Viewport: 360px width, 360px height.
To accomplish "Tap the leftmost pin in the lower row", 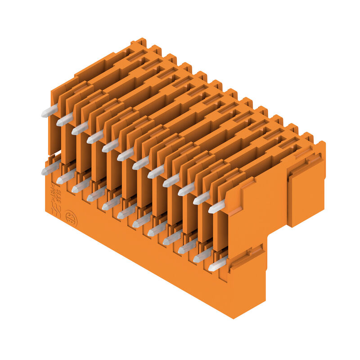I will pyautogui.click(x=50, y=168).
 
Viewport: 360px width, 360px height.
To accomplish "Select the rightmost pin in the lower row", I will pyautogui.click(x=217, y=265).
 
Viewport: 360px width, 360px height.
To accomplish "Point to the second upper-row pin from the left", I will pyautogui.click(x=65, y=120).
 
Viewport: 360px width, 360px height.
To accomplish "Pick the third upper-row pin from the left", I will pyautogui.click(x=80, y=129).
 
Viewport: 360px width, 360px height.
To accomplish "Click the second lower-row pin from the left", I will pyautogui.click(x=65, y=177).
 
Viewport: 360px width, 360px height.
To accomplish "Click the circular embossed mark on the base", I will pyautogui.click(x=70, y=217).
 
